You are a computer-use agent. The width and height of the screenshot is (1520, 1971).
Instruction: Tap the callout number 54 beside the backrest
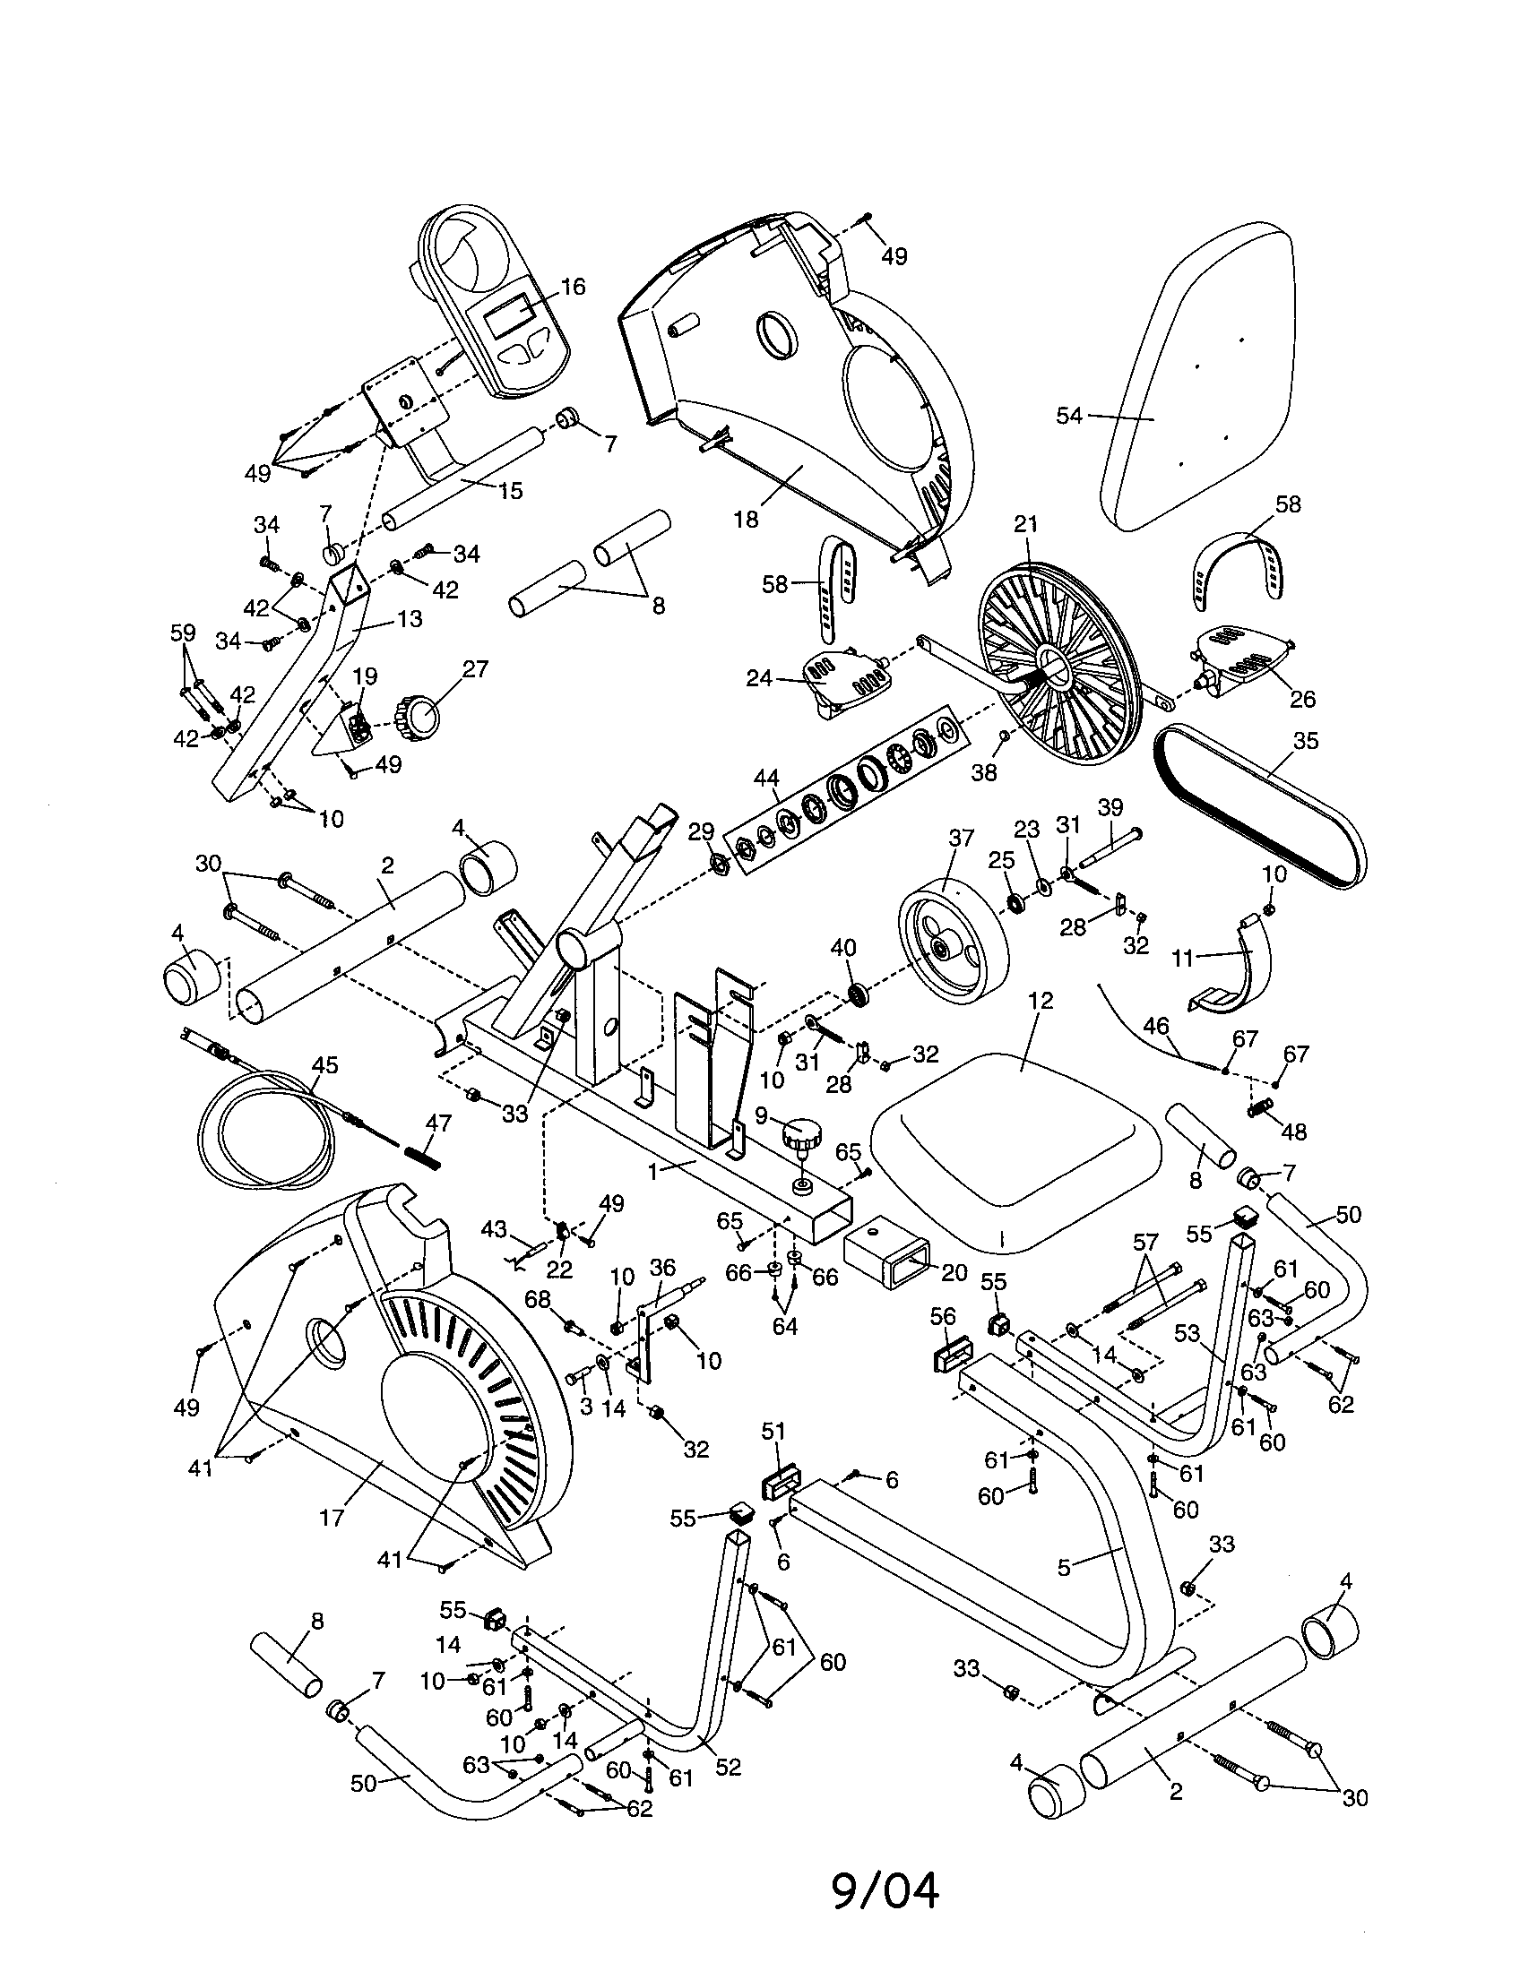click(1068, 416)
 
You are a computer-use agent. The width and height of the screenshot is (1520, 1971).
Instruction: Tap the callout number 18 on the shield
click(746, 519)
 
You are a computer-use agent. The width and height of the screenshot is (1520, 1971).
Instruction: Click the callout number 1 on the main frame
click(655, 1171)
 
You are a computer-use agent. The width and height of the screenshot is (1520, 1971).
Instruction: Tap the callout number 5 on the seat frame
click(1064, 1568)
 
